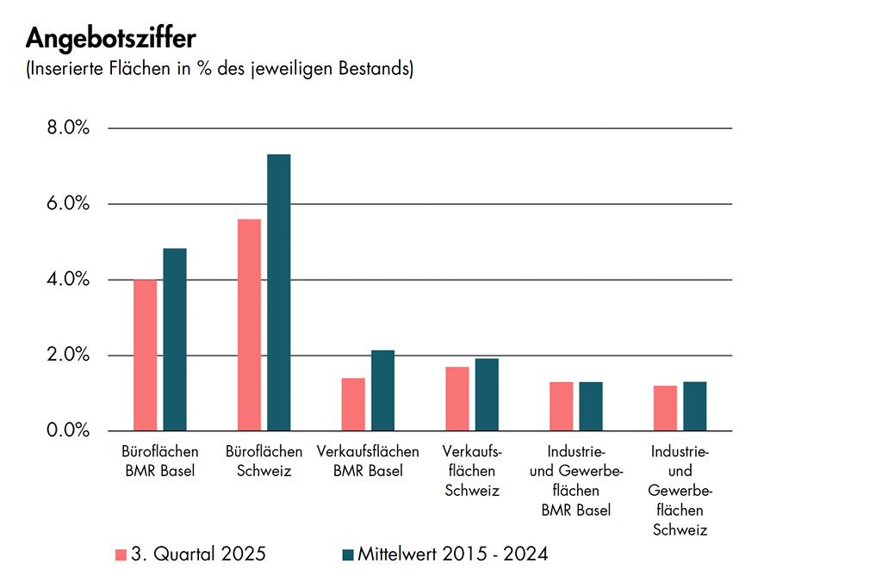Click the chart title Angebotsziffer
coord(111,40)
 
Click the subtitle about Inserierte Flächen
coord(220,69)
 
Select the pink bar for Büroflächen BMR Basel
coord(145,356)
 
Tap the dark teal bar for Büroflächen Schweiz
coord(278,293)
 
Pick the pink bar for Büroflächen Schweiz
coord(249,325)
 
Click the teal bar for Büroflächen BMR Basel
coord(174,340)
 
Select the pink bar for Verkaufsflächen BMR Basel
coord(353,405)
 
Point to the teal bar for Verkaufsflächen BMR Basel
coord(382,391)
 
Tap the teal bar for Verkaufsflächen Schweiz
coord(487,395)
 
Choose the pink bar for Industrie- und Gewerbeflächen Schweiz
coord(665,409)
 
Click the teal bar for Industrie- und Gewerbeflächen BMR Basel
coord(591,406)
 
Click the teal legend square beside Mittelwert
coord(348,554)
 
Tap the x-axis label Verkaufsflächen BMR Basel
coord(368,461)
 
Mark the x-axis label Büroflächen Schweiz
coord(264,461)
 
